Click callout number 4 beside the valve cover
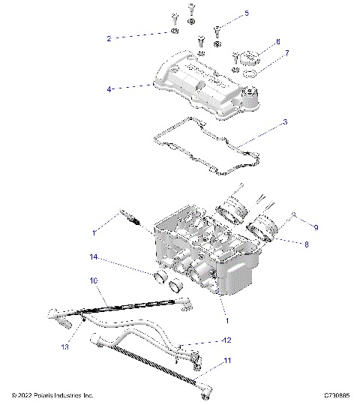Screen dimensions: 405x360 tap(109, 88)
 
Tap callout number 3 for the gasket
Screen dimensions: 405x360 tap(283, 122)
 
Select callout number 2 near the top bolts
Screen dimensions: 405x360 tap(109, 37)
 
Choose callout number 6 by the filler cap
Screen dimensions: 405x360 tap(277, 41)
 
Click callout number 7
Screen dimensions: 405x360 tap(285, 55)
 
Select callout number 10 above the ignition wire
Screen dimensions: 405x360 tap(94, 280)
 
